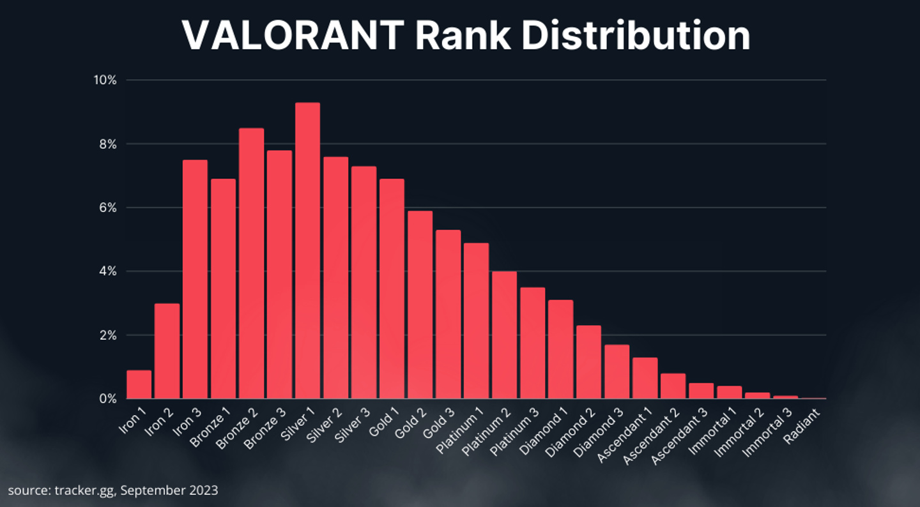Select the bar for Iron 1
[139, 384]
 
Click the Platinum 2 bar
[504, 335]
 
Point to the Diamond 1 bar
[560, 349]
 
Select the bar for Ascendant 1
[645, 378]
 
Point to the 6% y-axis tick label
[106, 208]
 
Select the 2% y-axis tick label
[106, 335]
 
